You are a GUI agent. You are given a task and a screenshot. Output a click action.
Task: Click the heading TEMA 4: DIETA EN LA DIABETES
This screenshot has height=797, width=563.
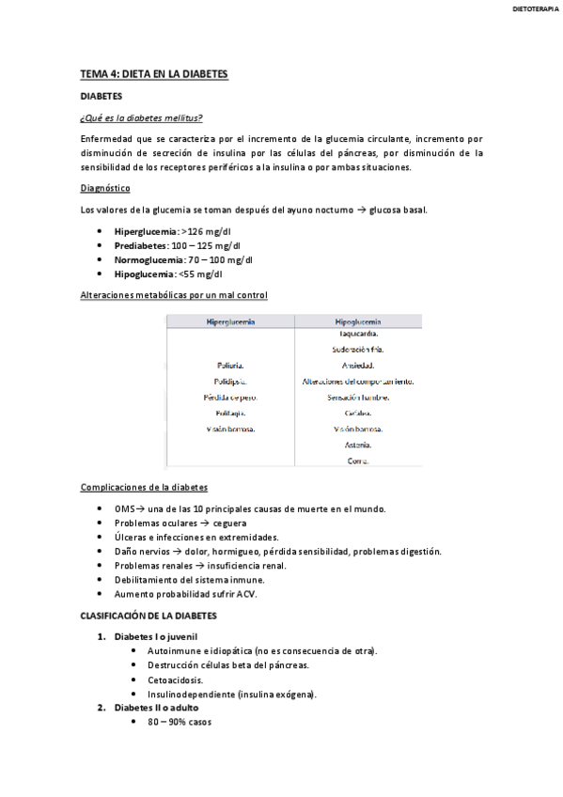(154, 73)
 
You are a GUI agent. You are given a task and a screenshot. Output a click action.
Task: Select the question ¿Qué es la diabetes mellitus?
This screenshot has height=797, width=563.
(142, 117)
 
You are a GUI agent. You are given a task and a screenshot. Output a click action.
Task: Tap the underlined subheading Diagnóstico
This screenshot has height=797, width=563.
(105, 188)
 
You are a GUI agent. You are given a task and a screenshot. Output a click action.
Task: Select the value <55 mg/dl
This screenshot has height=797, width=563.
(201, 274)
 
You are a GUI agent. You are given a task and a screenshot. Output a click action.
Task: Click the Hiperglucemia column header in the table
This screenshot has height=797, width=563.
(230, 321)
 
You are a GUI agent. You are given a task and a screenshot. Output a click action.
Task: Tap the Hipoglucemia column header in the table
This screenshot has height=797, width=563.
(357, 321)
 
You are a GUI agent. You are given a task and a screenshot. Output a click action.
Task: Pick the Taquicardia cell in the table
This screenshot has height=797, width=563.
(357, 334)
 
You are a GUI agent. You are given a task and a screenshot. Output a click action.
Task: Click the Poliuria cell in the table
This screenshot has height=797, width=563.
(230, 366)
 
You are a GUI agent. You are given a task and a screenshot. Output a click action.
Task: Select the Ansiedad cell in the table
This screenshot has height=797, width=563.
(357, 366)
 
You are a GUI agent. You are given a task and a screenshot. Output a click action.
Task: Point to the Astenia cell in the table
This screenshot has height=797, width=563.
(357, 445)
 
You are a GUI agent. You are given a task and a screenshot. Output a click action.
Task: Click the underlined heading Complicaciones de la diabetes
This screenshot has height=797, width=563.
(145, 488)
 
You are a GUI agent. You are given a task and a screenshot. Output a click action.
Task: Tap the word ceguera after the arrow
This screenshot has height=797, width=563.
(229, 523)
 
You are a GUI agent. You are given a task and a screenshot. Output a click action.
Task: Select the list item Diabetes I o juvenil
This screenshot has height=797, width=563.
(156, 636)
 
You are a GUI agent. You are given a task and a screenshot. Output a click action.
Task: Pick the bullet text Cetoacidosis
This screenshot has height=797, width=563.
(176, 680)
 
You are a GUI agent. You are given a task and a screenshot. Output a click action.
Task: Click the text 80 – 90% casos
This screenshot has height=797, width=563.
(180, 723)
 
